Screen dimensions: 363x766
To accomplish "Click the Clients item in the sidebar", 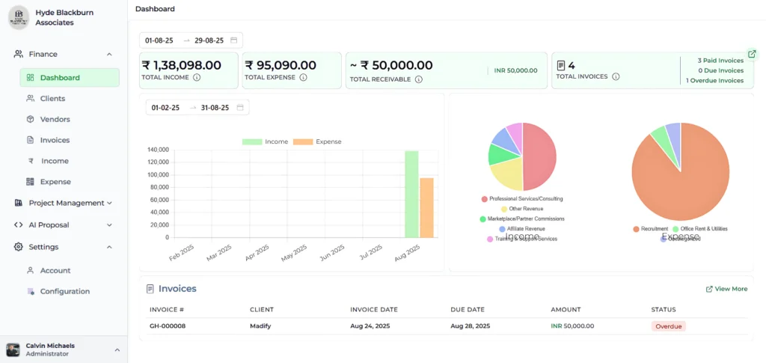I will [x=52, y=98].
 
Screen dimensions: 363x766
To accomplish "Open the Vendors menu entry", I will [x=55, y=119].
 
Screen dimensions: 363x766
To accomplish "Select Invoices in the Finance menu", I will [x=55, y=140].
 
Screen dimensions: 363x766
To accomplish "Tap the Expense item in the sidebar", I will [x=55, y=182].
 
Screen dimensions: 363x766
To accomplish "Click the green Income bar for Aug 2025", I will [x=411, y=195].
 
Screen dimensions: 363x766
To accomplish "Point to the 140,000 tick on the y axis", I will [x=158, y=150].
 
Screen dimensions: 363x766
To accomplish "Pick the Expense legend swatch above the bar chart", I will [x=302, y=141].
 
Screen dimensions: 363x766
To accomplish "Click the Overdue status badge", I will [x=668, y=326].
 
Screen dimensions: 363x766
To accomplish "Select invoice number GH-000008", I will [x=168, y=326].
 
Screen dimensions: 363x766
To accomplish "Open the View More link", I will [x=726, y=289].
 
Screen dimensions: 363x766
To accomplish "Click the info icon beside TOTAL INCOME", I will [x=197, y=77].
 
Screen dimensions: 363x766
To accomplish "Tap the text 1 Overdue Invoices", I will [x=714, y=81].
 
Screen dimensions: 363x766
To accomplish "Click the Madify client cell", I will [x=260, y=326].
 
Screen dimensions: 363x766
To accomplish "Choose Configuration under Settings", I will [x=64, y=291].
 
